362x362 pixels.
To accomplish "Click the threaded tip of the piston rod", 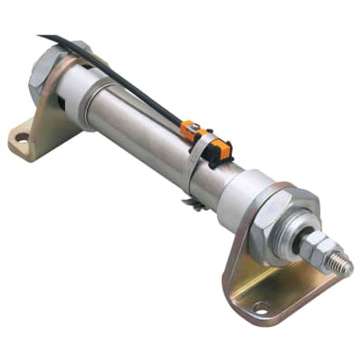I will pyautogui.click(x=342, y=263).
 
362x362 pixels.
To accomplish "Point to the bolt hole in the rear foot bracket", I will pyautogui.click(x=21, y=138).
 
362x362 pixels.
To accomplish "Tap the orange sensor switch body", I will pyautogui.click(x=194, y=132).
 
